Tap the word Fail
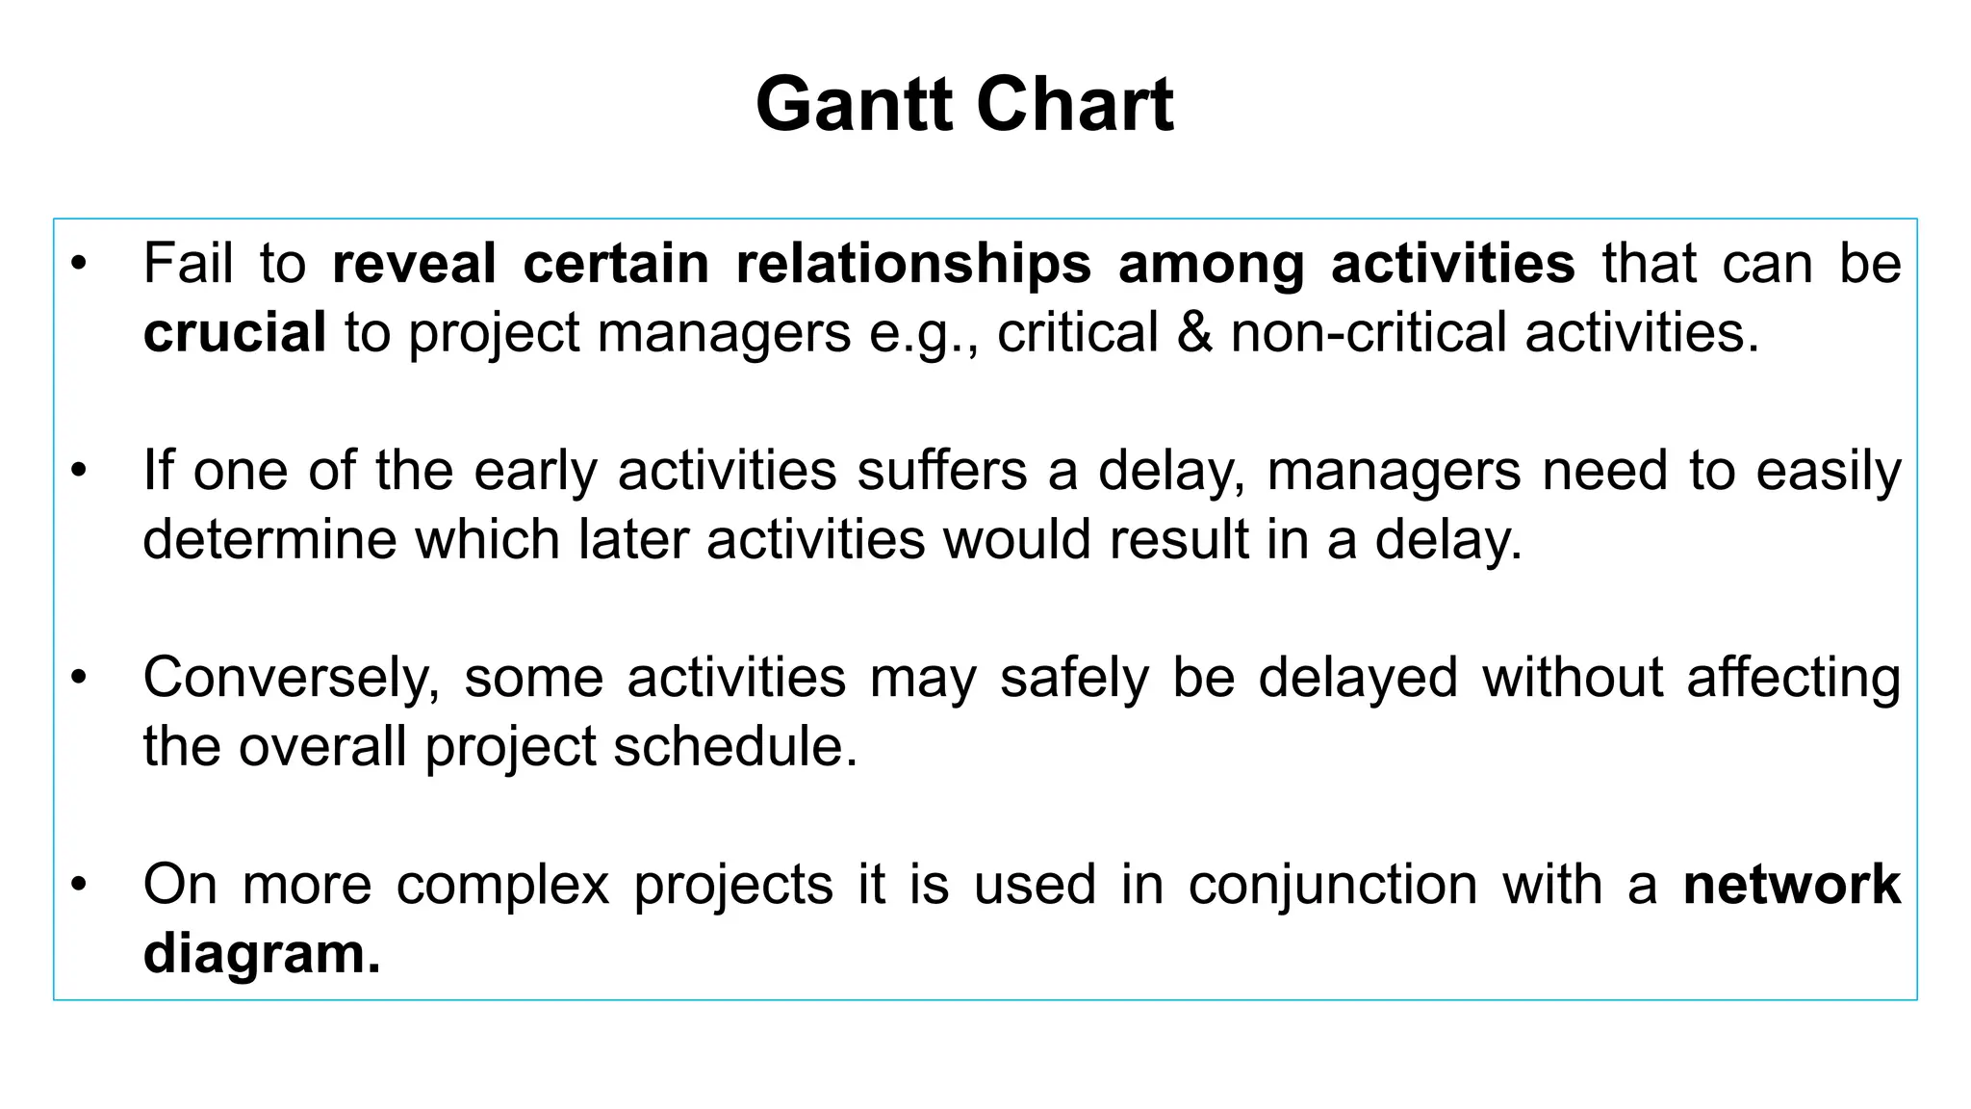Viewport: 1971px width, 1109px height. click(189, 263)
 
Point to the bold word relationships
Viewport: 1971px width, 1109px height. click(913, 263)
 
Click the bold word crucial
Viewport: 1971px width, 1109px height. click(235, 333)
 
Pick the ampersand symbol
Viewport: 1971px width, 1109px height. click(1194, 333)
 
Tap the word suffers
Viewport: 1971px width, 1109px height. click(942, 471)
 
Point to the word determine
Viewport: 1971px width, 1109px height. click(269, 539)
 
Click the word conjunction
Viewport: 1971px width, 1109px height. click(1332, 885)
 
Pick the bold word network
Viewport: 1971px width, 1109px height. click(1792, 885)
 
